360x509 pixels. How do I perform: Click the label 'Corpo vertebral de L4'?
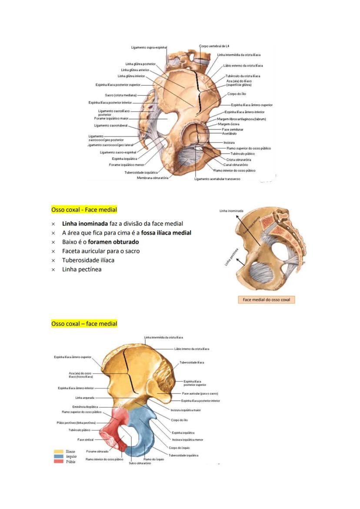point(214,46)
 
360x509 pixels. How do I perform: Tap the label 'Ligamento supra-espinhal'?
point(149,47)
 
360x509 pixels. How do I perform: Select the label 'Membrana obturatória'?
point(153,178)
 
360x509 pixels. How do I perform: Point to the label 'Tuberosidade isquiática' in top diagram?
point(141,172)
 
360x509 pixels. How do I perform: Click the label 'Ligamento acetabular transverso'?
point(217,178)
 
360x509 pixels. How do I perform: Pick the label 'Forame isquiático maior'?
point(111,118)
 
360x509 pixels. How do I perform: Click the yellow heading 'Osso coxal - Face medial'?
point(84,210)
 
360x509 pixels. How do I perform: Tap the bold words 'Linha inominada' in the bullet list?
point(82,224)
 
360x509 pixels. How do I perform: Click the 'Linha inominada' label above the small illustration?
point(231,211)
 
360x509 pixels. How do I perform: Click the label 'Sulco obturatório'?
point(140,463)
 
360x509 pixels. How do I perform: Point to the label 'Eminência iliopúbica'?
point(85,407)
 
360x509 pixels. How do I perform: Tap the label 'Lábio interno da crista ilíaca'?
point(191,349)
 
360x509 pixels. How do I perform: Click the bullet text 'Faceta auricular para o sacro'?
point(101,251)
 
